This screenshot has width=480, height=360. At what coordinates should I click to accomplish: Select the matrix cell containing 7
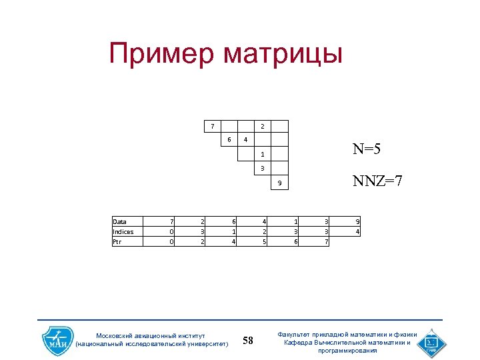213,126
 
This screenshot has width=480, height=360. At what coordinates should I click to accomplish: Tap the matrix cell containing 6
229,140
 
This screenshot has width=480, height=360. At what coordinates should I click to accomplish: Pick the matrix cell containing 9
280,183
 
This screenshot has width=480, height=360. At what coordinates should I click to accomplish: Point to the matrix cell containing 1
263,154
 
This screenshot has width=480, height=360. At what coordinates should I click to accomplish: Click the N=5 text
367,150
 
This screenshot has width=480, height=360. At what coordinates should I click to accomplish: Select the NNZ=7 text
377,181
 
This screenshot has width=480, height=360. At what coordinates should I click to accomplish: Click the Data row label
120,222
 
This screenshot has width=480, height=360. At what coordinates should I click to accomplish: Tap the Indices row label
123,232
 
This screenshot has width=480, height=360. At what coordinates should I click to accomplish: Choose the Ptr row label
118,242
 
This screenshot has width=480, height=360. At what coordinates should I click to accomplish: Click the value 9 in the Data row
358,222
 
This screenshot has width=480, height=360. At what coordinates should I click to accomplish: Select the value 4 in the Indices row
358,232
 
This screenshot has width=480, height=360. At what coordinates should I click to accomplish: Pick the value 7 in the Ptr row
326,242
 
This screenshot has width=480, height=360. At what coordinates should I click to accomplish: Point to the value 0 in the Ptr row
172,242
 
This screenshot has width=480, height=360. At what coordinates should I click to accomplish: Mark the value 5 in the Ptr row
264,242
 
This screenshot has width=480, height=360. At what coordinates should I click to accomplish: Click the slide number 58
248,341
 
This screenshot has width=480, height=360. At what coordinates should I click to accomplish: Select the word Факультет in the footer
297,335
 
